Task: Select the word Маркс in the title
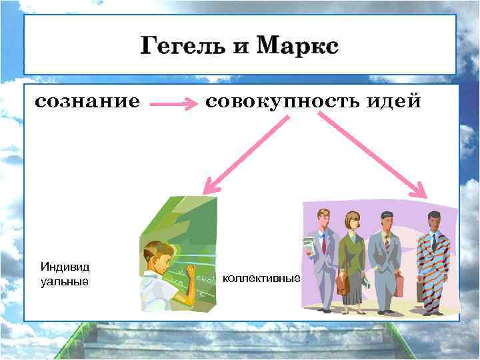[297, 47]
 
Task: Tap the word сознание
[87, 102]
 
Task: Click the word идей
[398, 102]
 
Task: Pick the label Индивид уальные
[65, 274]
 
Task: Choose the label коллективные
[261, 278]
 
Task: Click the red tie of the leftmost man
[324, 243]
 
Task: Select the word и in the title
[239, 47]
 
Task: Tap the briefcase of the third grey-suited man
[399, 285]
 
